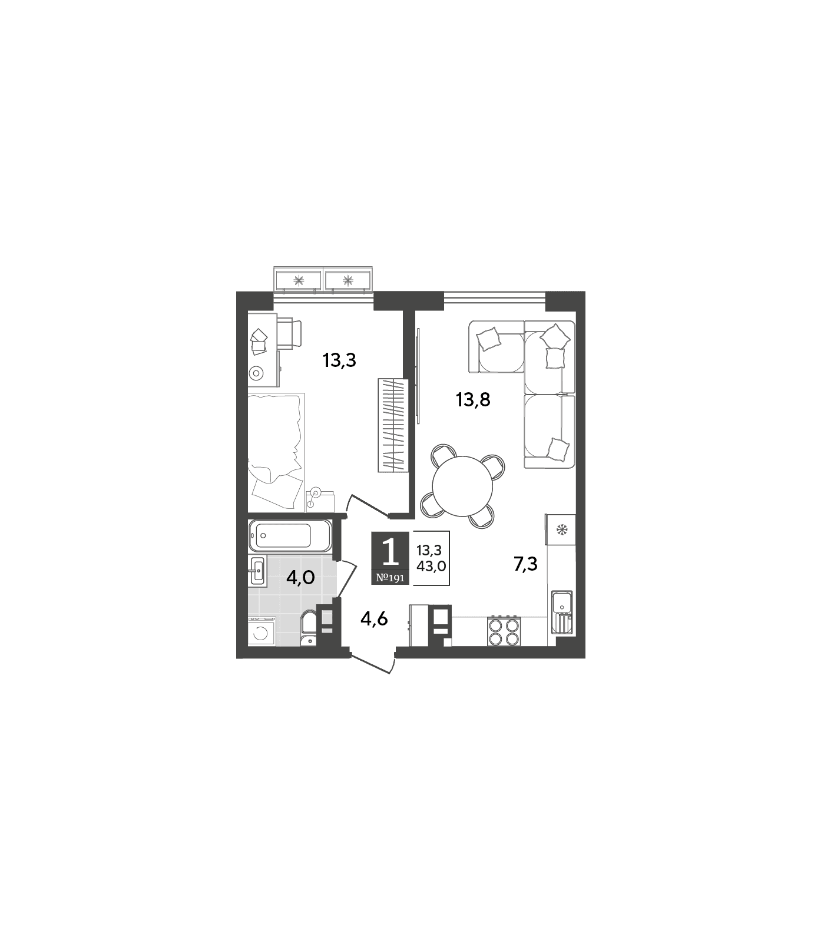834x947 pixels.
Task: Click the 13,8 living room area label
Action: pyautogui.click(x=473, y=400)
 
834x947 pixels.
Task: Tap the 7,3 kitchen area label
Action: pyautogui.click(x=525, y=564)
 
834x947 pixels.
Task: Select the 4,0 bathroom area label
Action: pyautogui.click(x=300, y=578)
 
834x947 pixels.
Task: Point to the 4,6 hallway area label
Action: pyautogui.click(x=374, y=619)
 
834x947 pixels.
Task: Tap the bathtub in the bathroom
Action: pyautogui.click(x=290, y=535)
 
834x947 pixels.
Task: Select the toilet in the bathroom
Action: pyautogui.click(x=309, y=629)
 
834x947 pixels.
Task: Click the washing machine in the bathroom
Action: pyautogui.click(x=262, y=631)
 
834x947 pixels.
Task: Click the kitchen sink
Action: pyautogui.click(x=562, y=612)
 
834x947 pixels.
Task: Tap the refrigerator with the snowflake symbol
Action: pyautogui.click(x=561, y=529)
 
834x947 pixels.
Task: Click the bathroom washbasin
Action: pyautogui.click(x=257, y=570)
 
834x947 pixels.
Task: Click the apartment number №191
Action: pyautogui.click(x=390, y=578)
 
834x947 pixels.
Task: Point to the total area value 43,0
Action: pyautogui.click(x=431, y=566)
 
